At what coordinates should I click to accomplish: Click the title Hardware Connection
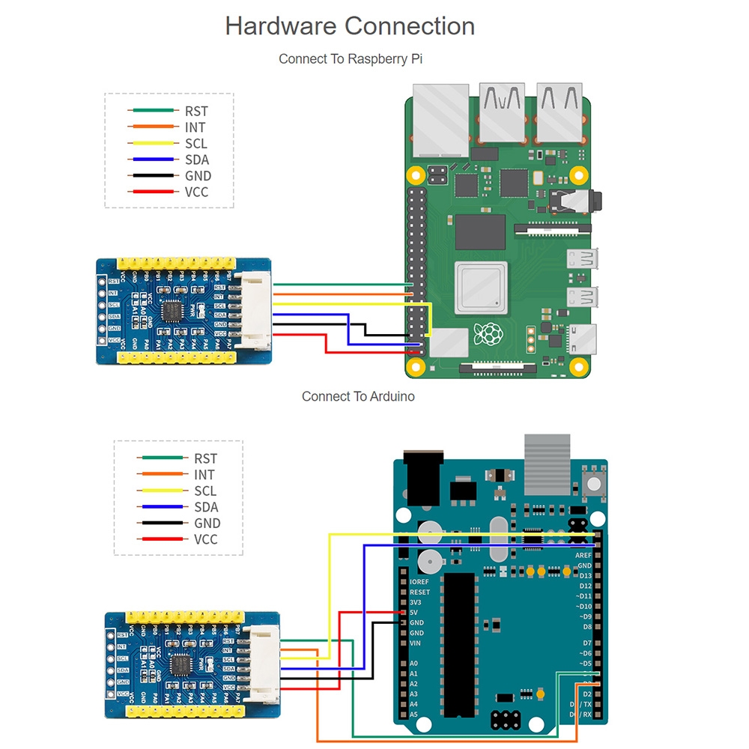coord(350,26)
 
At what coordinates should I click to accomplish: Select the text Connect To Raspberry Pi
coord(350,58)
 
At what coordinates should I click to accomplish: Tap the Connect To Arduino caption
coord(358,396)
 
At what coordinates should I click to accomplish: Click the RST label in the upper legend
coord(196,112)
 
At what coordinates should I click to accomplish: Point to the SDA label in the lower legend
coord(205,507)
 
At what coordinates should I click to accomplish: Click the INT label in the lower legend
coord(204,475)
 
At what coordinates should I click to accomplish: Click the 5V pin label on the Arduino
coord(413,613)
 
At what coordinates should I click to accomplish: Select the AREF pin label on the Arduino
coord(583,556)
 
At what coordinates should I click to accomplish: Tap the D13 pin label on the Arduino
coord(585,576)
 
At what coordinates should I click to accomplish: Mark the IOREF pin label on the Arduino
coord(419,581)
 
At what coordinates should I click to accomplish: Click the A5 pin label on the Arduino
coord(413,715)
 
